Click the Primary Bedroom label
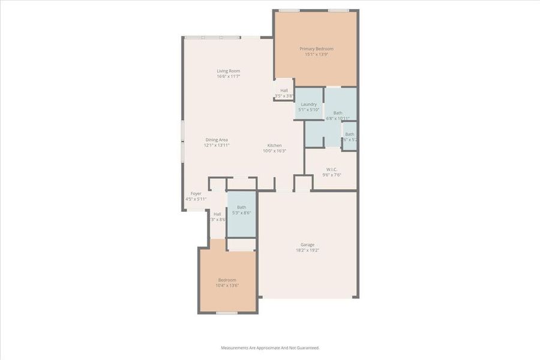316,49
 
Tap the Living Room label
229,71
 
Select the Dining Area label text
217,140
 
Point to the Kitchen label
274,145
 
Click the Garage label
307,244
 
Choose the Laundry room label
309,104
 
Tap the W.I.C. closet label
331,169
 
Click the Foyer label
196,194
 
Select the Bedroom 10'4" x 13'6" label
227,280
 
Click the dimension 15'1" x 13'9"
316,55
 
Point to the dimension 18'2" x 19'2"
307,250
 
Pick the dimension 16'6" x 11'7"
229,77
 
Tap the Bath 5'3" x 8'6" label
241,208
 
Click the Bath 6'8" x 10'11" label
338,113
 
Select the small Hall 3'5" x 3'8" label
284,91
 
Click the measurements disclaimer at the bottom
270,348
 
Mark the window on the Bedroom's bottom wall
226,313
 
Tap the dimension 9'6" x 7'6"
331,175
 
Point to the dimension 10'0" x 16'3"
274,151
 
